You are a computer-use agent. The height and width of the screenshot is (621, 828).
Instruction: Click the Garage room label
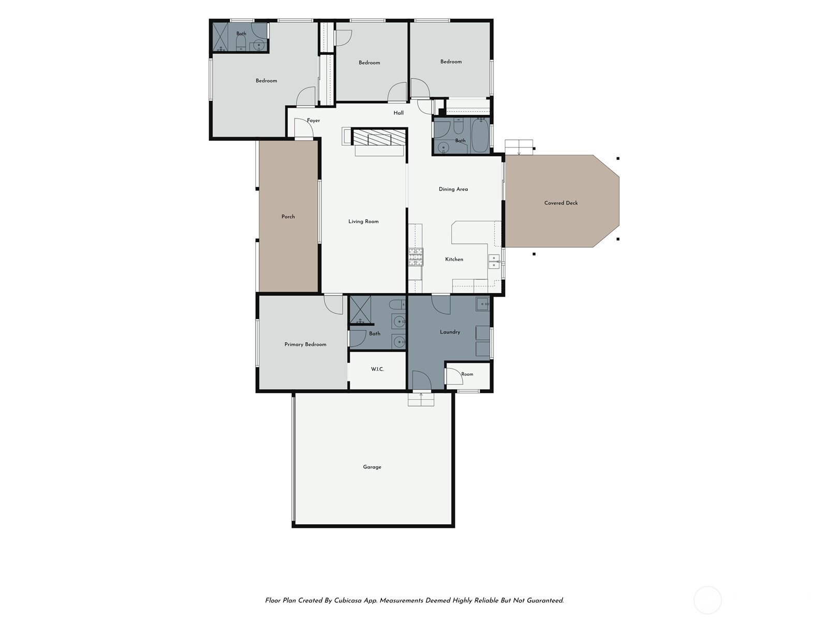[372, 467]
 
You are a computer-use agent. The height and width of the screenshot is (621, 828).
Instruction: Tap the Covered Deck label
[560, 203]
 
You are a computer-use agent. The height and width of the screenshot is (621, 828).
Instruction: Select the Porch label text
[288, 216]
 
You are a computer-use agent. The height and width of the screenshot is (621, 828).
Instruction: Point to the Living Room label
[363, 221]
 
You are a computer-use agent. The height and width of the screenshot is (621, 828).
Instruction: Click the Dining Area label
[453, 189]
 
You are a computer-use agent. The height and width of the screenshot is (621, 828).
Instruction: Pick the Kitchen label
[454, 259]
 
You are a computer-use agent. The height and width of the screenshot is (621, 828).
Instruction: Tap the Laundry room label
[450, 332]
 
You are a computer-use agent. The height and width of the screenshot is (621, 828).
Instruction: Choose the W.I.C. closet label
[377, 369]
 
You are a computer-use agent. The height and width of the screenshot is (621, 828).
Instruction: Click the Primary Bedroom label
[305, 344]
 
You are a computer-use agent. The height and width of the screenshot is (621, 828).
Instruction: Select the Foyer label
[313, 121]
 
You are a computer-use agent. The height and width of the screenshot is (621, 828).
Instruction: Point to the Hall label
[398, 113]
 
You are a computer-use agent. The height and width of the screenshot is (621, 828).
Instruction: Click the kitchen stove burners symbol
[416, 257]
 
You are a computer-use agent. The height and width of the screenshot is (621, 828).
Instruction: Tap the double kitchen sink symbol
[494, 262]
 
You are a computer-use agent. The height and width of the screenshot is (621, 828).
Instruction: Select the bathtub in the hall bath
[480, 136]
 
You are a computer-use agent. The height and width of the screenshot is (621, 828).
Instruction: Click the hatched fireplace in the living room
[379, 137]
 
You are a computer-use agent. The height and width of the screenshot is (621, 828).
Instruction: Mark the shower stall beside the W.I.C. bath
[360, 310]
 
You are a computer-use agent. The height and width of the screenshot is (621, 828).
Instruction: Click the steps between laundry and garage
[421, 400]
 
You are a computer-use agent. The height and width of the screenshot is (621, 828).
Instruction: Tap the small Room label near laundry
[467, 374]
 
